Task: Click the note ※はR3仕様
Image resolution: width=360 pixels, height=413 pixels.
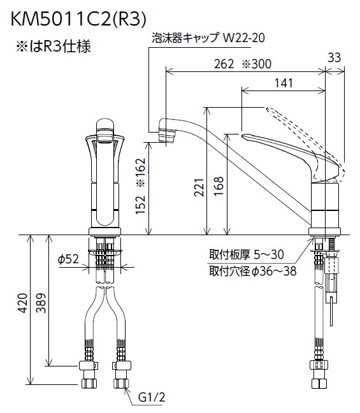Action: (x=55, y=48)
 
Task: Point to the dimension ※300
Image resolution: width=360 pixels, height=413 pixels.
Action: (x=257, y=64)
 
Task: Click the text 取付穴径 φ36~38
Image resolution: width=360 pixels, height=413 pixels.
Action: (x=253, y=272)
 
